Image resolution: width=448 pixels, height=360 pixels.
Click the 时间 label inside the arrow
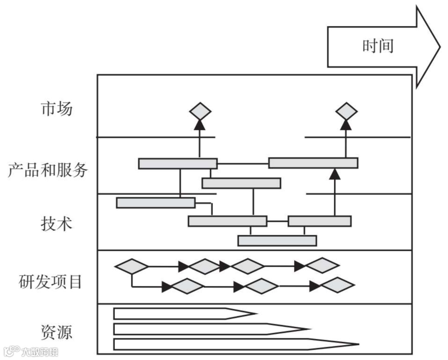[377, 46]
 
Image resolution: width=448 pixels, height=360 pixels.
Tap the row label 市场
[57, 109]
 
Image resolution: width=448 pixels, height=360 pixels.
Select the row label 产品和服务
[48, 170]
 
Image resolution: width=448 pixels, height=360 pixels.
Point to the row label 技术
[57, 224]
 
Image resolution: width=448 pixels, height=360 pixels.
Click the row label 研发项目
[51, 282]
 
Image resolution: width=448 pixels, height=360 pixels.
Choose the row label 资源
[57, 332]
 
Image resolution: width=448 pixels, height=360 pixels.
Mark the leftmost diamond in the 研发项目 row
[131, 266]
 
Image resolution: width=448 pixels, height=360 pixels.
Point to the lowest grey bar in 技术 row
[277, 241]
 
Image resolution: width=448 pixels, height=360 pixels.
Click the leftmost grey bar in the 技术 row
[156, 202]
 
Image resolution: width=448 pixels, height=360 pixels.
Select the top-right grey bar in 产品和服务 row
[313, 163]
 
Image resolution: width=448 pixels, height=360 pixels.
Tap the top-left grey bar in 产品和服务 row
[178, 163]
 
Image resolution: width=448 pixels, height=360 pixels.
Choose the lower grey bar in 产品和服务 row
[241, 183]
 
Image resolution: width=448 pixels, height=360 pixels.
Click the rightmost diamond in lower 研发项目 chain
[338, 285]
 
